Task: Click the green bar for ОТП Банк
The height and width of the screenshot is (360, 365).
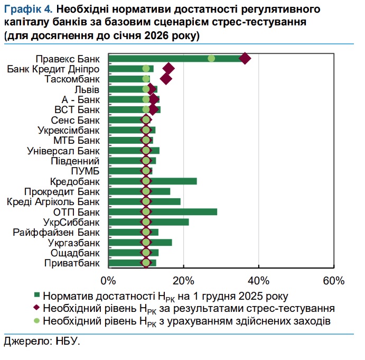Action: click(x=180, y=212)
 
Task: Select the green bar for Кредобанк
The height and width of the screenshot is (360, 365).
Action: click(x=169, y=181)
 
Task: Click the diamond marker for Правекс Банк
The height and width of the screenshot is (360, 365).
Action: click(x=245, y=58)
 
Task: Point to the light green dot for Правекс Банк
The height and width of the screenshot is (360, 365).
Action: click(x=211, y=58)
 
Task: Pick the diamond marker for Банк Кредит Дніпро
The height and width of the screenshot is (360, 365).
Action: click(x=169, y=69)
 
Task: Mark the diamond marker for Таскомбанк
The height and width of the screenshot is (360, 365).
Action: click(x=166, y=79)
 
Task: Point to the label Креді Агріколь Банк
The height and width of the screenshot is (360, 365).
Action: click(x=53, y=201)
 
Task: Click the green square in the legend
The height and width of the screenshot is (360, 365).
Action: click(x=37, y=295)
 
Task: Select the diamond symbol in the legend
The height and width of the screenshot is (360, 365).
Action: click(x=37, y=308)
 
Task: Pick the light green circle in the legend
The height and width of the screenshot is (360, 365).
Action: click(x=37, y=320)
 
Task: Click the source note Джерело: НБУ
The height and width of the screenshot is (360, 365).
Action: click(x=41, y=342)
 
